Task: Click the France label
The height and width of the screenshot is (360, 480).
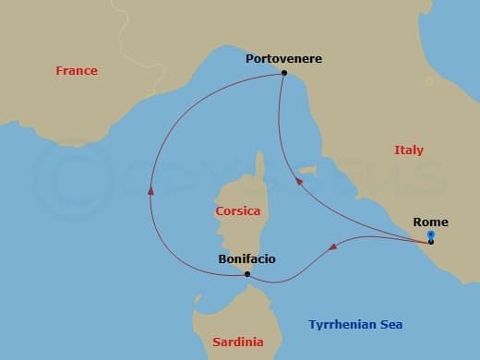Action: (x=76, y=71)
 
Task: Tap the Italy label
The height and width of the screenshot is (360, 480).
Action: (x=408, y=150)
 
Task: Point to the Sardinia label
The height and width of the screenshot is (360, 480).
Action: (x=237, y=342)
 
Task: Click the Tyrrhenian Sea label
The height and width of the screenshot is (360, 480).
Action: (x=354, y=325)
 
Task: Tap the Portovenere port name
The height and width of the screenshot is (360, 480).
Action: (x=283, y=58)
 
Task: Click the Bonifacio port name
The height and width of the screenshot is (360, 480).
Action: (x=246, y=259)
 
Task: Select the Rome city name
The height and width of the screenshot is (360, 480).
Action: (x=431, y=222)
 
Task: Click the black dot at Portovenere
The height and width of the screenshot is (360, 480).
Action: (x=284, y=73)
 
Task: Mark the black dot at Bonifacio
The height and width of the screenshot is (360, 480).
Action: (x=247, y=274)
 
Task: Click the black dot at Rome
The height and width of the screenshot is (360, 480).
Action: (x=431, y=242)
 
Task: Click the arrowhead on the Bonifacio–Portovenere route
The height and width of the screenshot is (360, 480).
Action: (x=150, y=189)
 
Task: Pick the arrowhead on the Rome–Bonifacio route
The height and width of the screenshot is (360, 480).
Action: (x=333, y=246)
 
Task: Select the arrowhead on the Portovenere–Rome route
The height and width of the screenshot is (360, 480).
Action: (x=298, y=183)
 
